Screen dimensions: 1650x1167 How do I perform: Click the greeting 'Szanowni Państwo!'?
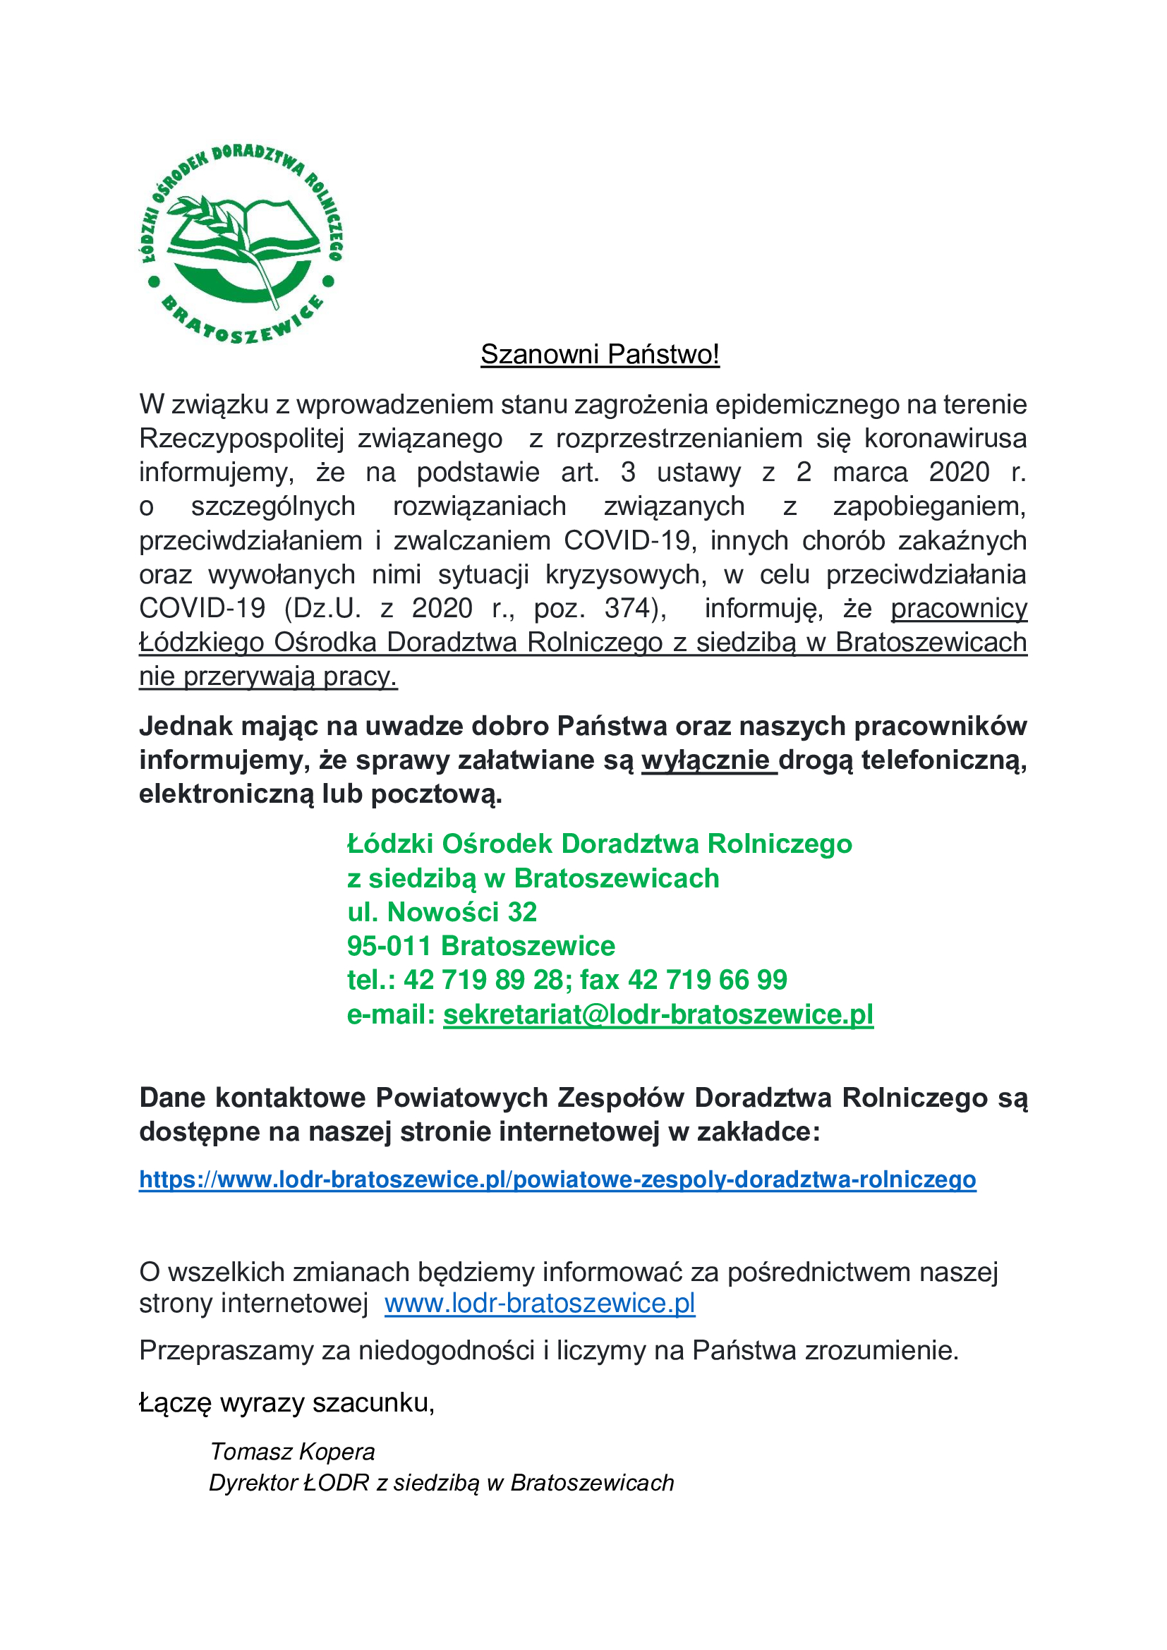point(599,354)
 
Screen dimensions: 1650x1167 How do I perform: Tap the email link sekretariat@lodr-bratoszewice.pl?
point(658,1014)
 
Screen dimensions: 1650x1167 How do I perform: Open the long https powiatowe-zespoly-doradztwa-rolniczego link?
point(557,1179)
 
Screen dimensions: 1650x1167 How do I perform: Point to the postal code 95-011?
point(389,946)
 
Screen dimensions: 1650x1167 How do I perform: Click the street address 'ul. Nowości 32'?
point(442,912)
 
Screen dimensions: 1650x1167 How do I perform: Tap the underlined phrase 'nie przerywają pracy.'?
point(268,677)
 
